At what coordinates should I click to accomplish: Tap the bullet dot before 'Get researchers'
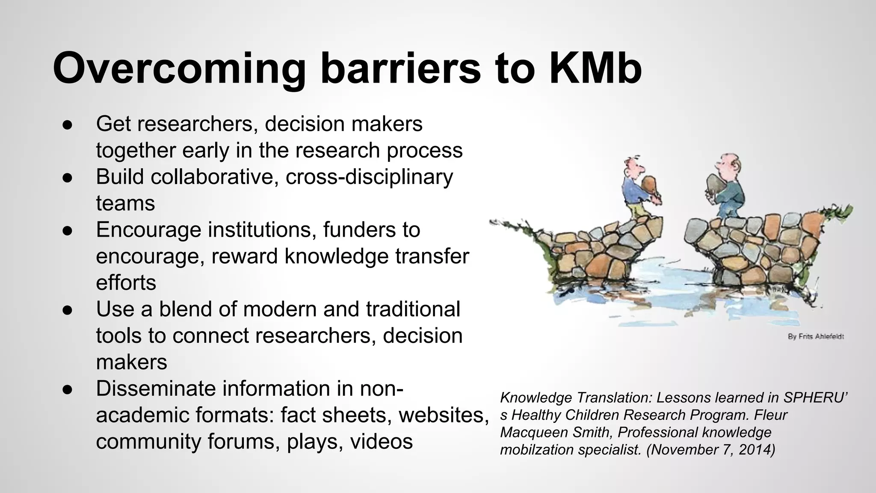click(67, 125)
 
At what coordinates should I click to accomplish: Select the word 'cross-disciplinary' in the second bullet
click(369, 177)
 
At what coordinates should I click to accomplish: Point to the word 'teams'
click(125, 203)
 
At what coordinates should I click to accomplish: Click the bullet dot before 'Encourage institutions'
click(67, 230)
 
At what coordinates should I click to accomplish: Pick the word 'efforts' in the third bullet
click(126, 283)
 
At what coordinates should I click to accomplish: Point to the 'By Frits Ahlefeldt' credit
click(816, 337)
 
